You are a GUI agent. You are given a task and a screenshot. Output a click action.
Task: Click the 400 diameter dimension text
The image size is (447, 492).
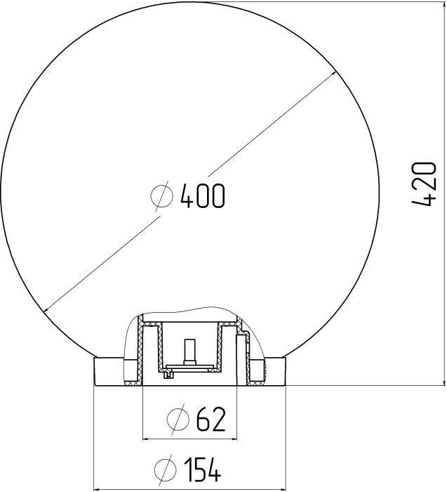point(202,196)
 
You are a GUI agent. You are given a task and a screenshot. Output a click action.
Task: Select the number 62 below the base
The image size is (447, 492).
point(210,420)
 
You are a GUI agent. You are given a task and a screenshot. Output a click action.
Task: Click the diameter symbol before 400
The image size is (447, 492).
point(162,196)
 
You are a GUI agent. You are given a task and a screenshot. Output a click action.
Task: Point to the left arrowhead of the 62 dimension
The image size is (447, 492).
point(146,439)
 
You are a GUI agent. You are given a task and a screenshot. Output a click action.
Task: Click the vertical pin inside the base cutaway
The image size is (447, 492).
point(189,349)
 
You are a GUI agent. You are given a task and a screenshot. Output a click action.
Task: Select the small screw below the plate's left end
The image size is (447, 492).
point(168,374)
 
